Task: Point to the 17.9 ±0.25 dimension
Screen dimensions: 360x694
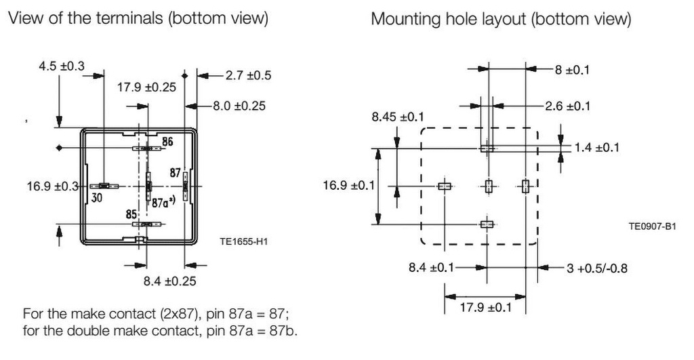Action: click(147, 87)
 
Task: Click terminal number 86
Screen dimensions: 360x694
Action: click(167, 142)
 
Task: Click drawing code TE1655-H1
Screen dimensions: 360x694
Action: click(245, 240)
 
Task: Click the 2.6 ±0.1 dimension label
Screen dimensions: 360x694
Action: click(567, 106)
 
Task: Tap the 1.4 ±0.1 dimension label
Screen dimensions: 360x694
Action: click(596, 147)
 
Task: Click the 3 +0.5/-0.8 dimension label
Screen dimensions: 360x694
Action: click(596, 268)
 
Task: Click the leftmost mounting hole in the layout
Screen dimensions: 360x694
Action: click(445, 186)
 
